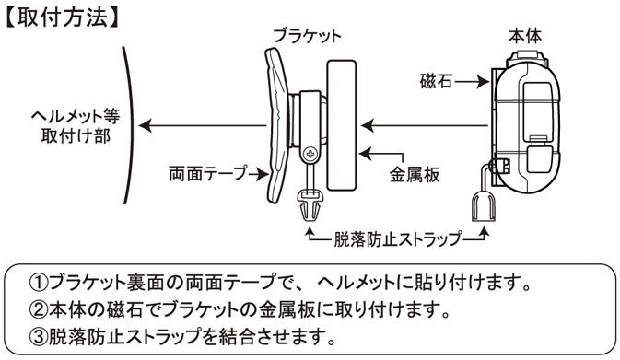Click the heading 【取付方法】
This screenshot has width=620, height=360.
click(x=62, y=17)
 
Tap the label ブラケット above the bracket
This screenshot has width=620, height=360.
click(x=307, y=36)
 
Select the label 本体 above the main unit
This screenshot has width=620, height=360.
click(x=525, y=36)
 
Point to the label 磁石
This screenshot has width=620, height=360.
click(x=436, y=82)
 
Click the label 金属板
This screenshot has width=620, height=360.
click(x=415, y=174)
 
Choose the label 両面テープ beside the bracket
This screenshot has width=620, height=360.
click(x=206, y=173)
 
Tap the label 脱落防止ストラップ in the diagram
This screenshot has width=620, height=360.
click(x=397, y=238)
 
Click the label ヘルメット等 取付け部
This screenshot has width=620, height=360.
click(x=76, y=126)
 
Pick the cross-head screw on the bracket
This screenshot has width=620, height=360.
click(x=310, y=154)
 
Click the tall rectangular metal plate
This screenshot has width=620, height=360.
click(x=342, y=125)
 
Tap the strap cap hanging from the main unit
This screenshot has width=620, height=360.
click(x=483, y=207)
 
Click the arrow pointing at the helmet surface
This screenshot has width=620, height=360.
click(x=203, y=126)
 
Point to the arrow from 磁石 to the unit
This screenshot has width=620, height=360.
click(x=472, y=82)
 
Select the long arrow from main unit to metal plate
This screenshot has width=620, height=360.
click(x=425, y=126)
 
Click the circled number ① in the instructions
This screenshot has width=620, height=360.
click(x=39, y=282)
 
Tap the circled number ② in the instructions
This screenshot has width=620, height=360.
click(x=39, y=309)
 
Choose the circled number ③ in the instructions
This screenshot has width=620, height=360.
click(x=39, y=337)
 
